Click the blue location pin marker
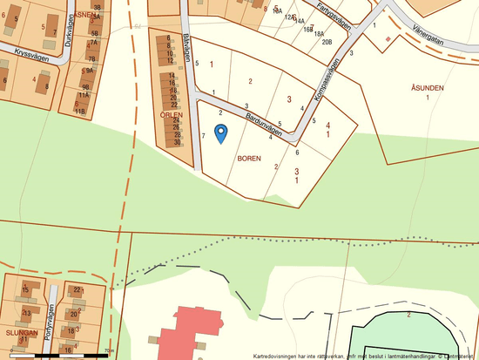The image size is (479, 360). (x=220, y=132)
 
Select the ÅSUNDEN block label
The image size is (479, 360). (x=428, y=88)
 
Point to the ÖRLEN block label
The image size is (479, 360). (x=171, y=114)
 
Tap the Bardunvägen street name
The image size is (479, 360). (x=264, y=122)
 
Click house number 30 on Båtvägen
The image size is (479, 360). (x=177, y=142)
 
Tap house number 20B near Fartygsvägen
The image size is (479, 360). (x=326, y=41)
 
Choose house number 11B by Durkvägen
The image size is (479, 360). (x=81, y=111)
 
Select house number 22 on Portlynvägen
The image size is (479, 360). (x=78, y=289)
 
